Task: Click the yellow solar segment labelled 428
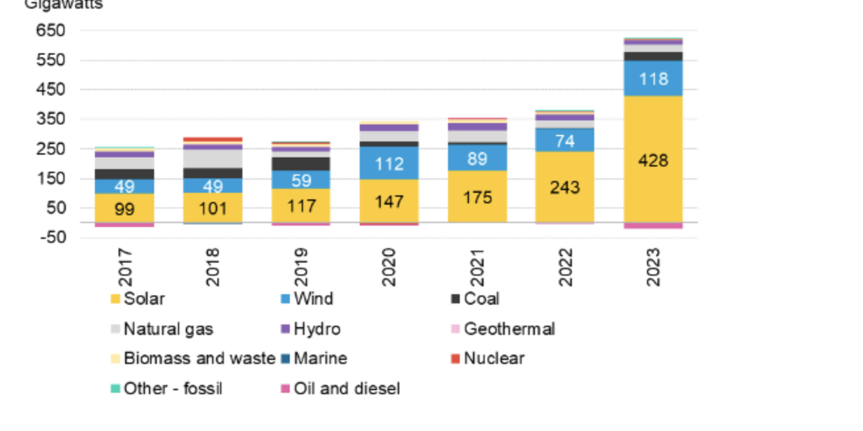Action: [653, 160]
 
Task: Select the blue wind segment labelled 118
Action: [653, 79]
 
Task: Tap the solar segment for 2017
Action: [125, 209]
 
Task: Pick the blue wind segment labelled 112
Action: [389, 163]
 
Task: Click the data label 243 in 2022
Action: [565, 188]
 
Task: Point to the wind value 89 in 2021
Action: [477, 159]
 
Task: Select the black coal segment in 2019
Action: [301, 163]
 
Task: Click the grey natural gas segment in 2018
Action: [213, 159]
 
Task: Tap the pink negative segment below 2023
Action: [653, 226]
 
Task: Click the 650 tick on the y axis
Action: [51, 31]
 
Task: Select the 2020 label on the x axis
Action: [389, 266]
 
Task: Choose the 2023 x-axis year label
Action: [653, 266]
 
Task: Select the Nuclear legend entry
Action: [487, 359]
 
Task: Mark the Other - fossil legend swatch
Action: [115, 389]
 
